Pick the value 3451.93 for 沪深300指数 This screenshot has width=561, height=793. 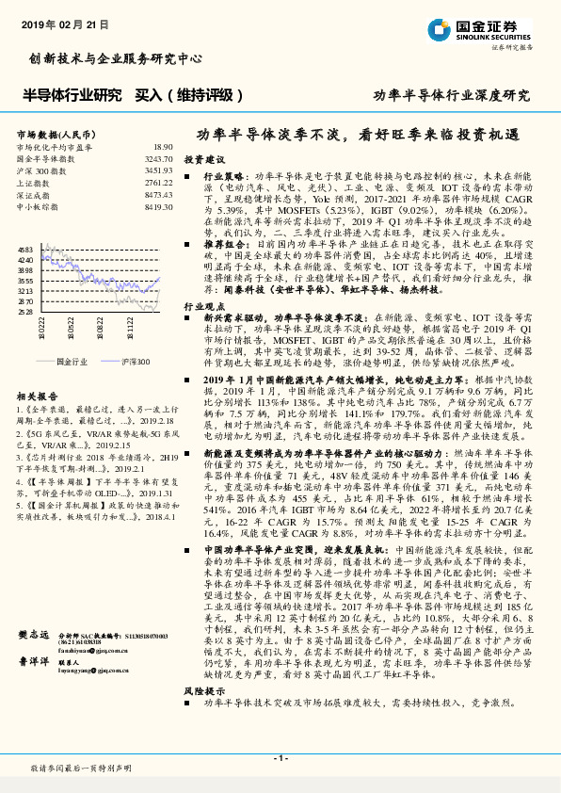click(158, 171)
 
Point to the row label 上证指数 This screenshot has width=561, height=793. click(33, 183)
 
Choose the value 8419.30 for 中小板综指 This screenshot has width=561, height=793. click(158, 206)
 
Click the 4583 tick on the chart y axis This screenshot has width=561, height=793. click(25, 249)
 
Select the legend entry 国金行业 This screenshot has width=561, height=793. click(63, 361)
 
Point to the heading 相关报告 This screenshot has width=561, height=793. click(37, 396)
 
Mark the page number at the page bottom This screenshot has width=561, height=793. click(280, 758)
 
